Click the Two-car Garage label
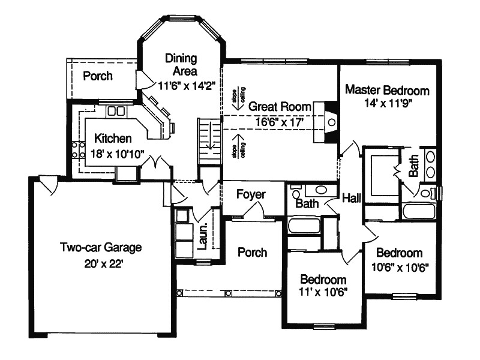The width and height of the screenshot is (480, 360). [100, 247]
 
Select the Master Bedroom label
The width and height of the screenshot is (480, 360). [388, 91]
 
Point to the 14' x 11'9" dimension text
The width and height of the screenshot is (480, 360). [388, 103]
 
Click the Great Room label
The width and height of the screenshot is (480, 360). [280, 106]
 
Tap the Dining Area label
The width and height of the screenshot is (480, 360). [181, 64]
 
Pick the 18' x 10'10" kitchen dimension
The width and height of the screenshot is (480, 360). [116, 154]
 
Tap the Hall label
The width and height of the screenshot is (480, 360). [352, 197]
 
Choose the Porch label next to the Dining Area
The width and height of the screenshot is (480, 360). [98, 76]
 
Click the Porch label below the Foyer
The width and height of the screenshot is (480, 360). [252, 252]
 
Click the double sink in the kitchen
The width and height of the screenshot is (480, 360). [116, 111]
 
